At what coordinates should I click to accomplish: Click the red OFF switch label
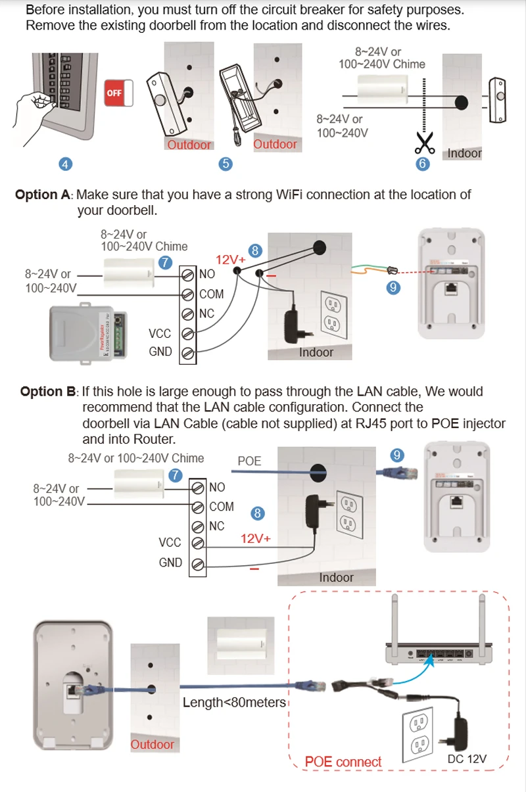[x=114, y=93]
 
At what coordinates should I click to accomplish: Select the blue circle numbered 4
[x=66, y=164]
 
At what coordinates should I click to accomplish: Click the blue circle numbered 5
[x=226, y=164]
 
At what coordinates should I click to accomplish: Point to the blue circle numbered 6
[x=423, y=164]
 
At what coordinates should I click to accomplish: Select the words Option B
[x=49, y=392]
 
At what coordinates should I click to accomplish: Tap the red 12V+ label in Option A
[x=230, y=260]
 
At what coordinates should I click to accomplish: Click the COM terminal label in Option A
[x=211, y=294]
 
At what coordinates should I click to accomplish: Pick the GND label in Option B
[x=170, y=563]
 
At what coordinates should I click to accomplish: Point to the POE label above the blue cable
[x=249, y=461]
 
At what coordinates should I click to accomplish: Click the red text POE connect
[x=343, y=762]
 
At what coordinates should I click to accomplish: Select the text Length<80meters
[x=234, y=703]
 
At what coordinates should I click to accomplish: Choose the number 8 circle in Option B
[x=258, y=513]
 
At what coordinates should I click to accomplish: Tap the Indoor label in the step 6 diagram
[x=464, y=153]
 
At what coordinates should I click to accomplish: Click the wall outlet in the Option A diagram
[x=332, y=313]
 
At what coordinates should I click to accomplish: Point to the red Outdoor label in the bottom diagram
[x=153, y=744]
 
